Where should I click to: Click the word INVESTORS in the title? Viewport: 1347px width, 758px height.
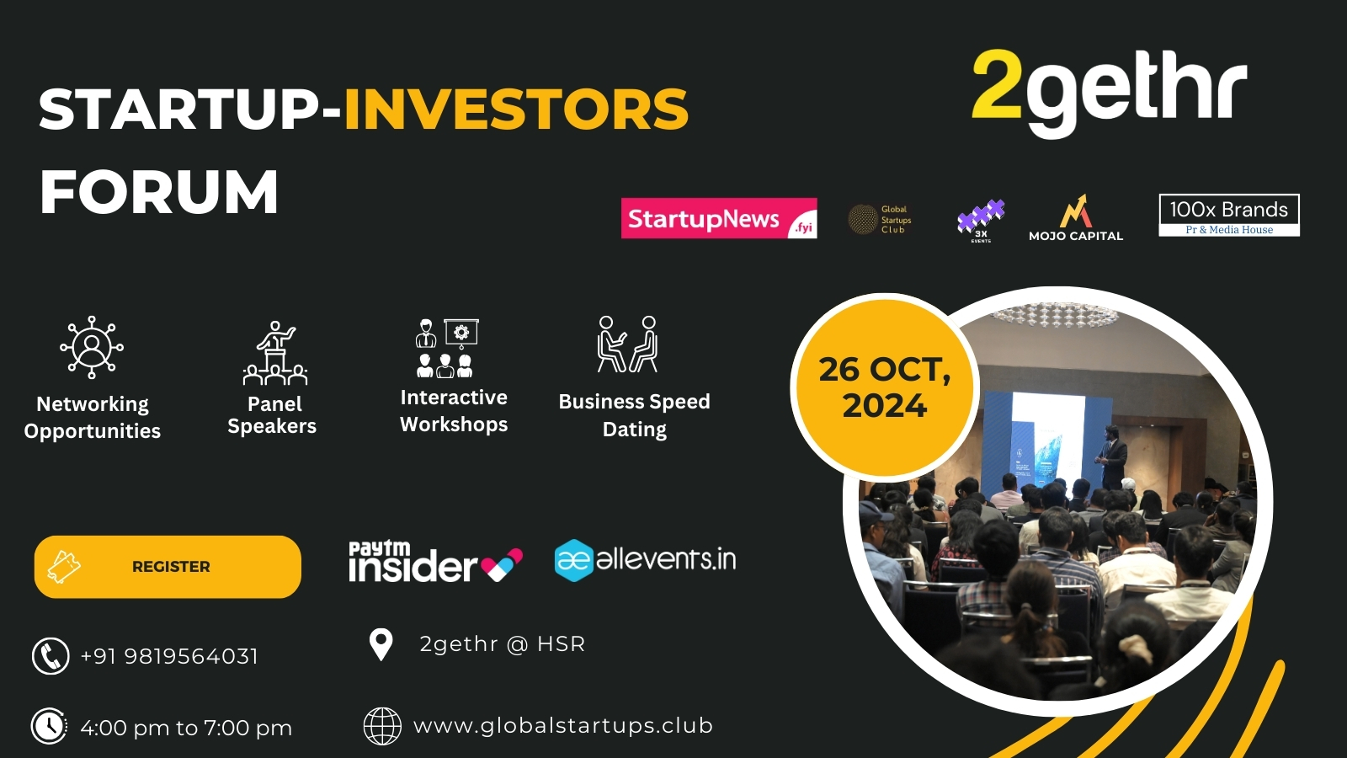point(516,109)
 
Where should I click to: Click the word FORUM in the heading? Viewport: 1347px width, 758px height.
point(159,192)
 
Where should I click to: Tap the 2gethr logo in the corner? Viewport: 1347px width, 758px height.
point(1109,91)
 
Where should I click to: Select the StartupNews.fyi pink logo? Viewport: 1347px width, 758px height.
point(719,218)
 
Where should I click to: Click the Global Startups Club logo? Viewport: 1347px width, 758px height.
point(880,219)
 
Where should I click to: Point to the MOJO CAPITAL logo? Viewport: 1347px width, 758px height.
point(1076,219)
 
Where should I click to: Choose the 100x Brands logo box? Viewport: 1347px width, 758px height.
point(1229,216)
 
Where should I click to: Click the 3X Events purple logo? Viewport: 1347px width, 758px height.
point(981,220)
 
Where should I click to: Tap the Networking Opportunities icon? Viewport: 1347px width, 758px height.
point(92,347)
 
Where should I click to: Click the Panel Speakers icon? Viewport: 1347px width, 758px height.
point(274,354)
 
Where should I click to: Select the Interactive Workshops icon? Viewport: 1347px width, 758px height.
point(447,348)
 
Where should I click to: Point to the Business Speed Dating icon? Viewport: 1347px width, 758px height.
point(627,344)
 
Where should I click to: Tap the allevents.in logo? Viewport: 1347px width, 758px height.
point(645,560)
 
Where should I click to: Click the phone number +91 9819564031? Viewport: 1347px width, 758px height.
point(169,656)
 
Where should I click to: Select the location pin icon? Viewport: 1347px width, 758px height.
point(381,645)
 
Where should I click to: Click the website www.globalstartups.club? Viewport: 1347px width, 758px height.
point(563,726)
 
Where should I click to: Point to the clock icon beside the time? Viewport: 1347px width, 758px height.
point(50,726)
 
